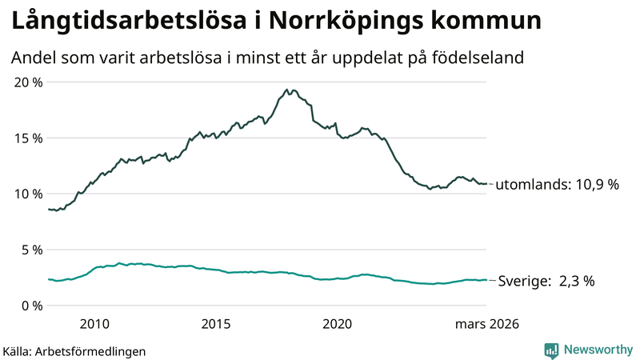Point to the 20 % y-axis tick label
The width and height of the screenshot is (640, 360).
[27, 82]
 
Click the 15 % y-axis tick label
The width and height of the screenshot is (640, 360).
[27, 138]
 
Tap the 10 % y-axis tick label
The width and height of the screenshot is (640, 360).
[27, 194]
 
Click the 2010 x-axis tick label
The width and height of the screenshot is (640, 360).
[94, 324]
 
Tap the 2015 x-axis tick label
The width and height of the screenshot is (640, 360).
[215, 324]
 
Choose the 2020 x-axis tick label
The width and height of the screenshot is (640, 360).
[337, 324]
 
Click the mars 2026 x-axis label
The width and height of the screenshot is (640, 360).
[487, 324]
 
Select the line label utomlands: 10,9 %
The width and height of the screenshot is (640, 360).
[558, 185]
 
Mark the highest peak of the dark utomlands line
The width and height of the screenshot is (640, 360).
[286, 90]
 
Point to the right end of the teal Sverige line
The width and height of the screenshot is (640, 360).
[486, 280]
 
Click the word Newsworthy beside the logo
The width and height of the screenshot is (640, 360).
[597, 350]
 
